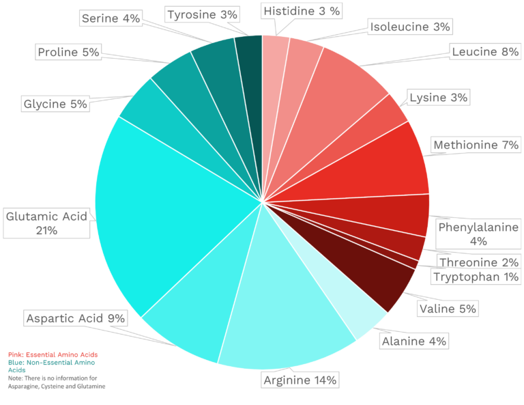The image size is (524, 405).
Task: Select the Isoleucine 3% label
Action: pyautogui.click(x=410, y=27)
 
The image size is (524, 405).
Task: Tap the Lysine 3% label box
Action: pyautogui.click(x=439, y=98)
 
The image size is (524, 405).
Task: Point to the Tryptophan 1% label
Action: pyautogui.click(x=476, y=277)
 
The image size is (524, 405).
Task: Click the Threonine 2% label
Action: pyautogui.click(x=479, y=262)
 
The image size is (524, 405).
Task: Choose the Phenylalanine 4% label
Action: pyautogui.click(x=478, y=234)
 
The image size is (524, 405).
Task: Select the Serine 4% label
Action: pyautogui.click(x=111, y=18)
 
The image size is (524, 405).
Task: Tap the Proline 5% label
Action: pyautogui.click(x=69, y=52)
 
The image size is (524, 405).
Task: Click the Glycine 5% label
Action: pyautogui.click(x=55, y=104)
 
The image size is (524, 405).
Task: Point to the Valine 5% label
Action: pyautogui.click(x=447, y=309)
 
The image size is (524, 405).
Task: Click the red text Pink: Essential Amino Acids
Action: pyautogui.click(x=53, y=354)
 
